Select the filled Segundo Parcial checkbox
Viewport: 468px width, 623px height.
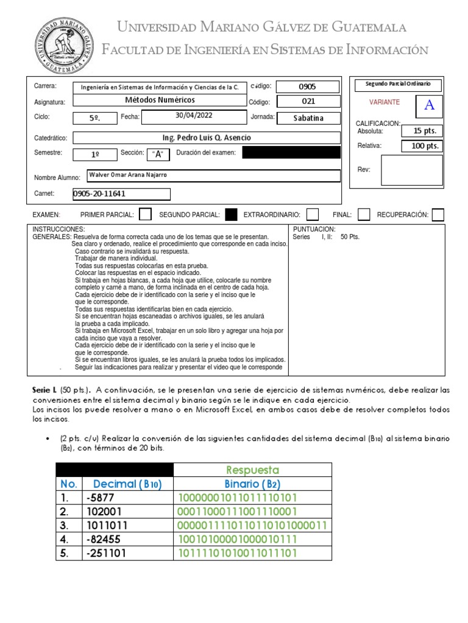pos(231,214)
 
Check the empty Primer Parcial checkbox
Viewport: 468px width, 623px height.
pos(146,214)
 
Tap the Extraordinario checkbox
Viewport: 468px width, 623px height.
pos(313,214)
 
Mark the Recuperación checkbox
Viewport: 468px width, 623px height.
pos(438,214)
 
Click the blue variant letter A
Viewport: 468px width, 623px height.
pos(429,105)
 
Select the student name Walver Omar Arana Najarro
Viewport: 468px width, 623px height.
pos(128,175)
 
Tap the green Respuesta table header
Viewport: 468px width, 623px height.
pos(252,470)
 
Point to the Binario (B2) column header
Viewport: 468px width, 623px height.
pos(252,484)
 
